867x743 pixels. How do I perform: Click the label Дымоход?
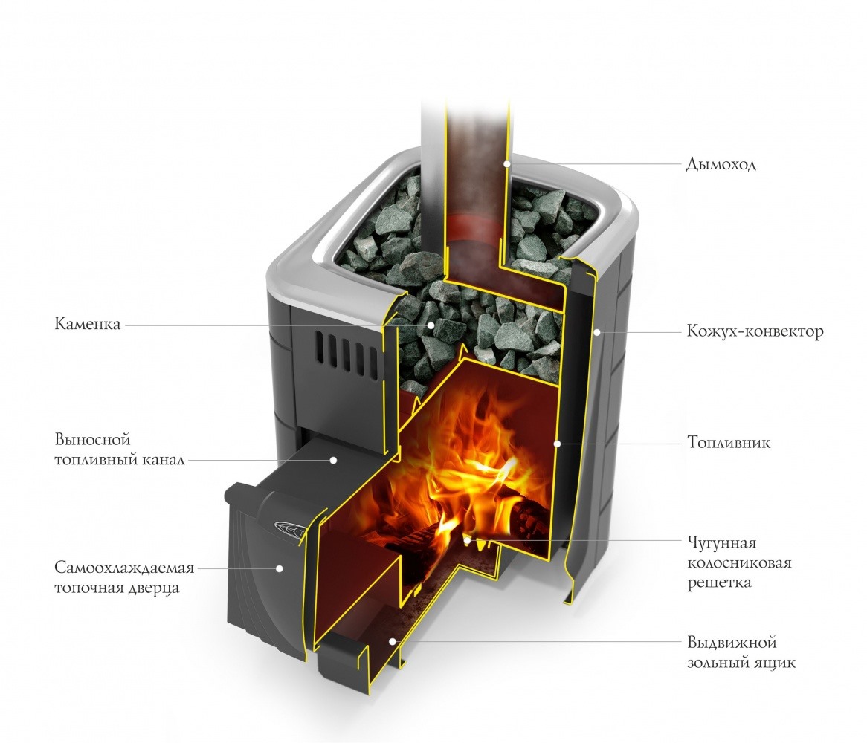721,164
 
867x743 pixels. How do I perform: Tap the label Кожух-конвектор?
755,331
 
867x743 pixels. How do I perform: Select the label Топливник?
729,443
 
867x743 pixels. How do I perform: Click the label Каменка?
87,324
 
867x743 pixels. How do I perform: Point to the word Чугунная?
721,543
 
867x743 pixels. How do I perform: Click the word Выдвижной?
732,643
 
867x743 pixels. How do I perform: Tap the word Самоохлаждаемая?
124,568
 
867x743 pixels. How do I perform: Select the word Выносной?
92,440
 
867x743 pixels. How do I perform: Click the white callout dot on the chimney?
506,163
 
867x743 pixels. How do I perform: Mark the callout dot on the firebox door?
280,568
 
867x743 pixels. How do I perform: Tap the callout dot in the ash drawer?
392,641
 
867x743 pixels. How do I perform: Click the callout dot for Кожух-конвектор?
596,332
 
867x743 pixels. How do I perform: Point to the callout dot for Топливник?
558,443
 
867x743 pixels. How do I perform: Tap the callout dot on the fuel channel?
333,459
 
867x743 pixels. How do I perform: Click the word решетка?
719,583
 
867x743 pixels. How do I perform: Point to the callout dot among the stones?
431,325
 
